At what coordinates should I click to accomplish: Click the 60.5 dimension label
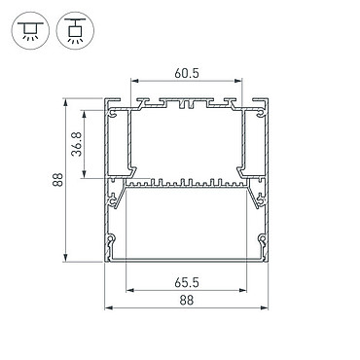[x=186, y=73]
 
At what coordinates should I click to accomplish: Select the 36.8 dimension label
[x=77, y=144]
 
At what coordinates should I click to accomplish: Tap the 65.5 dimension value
[x=186, y=282]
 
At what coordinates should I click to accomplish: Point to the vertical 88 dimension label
[x=57, y=180]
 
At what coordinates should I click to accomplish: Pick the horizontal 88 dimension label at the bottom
[x=186, y=300]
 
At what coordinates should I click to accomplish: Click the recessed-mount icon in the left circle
[x=30, y=31]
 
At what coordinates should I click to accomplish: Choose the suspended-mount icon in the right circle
[x=75, y=31]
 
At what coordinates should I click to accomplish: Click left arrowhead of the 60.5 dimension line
[x=134, y=81]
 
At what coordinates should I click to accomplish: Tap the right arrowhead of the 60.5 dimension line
[x=238, y=81]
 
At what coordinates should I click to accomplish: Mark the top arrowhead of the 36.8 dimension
[x=84, y=114]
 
